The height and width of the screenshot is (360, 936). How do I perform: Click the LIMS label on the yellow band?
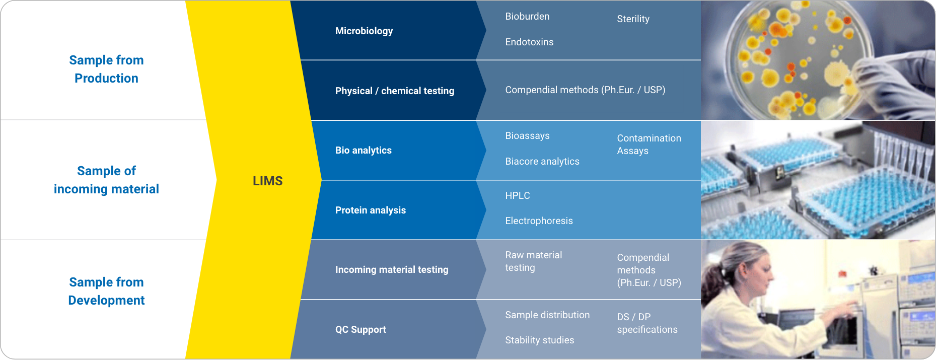click(267, 181)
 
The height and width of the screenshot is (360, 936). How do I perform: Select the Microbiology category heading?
click(364, 31)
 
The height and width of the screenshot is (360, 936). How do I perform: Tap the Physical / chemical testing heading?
click(394, 91)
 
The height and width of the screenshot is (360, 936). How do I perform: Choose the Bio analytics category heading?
click(363, 150)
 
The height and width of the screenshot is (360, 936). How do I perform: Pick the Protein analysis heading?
click(370, 210)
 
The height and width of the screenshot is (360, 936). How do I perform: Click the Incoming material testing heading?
click(391, 269)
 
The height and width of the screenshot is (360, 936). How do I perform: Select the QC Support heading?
click(361, 329)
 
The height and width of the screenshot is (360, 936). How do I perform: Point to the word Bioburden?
click(527, 16)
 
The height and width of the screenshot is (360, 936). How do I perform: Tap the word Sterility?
click(633, 19)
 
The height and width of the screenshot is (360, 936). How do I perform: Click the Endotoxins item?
click(529, 42)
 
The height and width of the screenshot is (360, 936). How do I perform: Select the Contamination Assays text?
click(649, 145)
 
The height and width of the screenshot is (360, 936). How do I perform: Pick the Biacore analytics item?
click(542, 161)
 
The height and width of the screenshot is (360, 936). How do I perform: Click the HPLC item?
click(517, 195)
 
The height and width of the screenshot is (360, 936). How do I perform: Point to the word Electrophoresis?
click(539, 221)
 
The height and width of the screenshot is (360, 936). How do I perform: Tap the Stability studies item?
click(539, 340)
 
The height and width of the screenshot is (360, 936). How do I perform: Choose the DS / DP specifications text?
click(647, 323)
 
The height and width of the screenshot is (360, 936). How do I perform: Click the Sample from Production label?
click(106, 69)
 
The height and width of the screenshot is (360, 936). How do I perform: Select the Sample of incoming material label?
click(106, 180)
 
